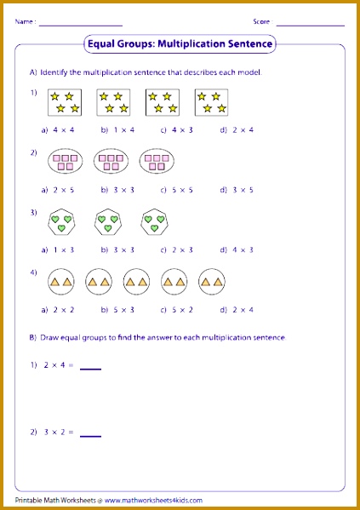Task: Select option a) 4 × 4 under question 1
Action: (x=55, y=129)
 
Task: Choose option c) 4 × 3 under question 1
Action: (x=174, y=129)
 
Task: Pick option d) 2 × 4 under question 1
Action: (x=234, y=129)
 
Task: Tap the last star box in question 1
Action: (x=211, y=103)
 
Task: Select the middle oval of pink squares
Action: (x=110, y=163)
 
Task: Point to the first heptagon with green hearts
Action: (x=61, y=223)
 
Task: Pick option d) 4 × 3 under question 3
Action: (x=234, y=250)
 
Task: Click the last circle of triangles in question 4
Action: (x=211, y=281)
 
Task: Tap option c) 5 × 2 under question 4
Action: (x=174, y=310)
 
